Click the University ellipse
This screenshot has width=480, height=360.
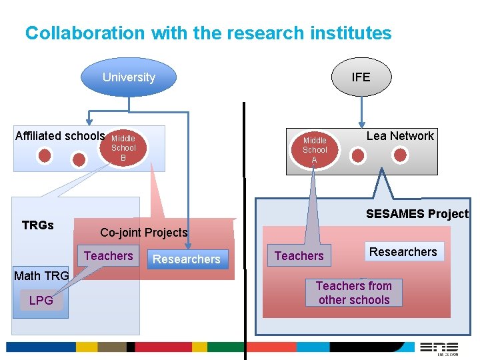[129, 77]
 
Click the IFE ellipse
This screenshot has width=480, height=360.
[361, 77]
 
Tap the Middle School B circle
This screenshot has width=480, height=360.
[123, 148]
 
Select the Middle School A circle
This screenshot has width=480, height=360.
[315, 151]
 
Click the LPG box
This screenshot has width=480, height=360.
[41, 301]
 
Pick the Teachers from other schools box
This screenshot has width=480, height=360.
[354, 293]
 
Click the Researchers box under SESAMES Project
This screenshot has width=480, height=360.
[403, 251]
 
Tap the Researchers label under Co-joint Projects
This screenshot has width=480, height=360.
[187, 259]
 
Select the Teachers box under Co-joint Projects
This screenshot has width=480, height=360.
[108, 256]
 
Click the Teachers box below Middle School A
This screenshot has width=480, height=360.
[299, 256]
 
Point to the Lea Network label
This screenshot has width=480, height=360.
[400, 136]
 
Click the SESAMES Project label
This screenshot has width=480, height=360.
[417, 214]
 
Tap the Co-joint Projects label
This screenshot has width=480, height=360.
[143, 233]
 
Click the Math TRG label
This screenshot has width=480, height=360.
[41, 276]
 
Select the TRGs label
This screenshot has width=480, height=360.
[38, 225]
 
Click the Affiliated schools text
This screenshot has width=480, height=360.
[60, 136]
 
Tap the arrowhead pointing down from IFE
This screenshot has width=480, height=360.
[361, 123]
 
